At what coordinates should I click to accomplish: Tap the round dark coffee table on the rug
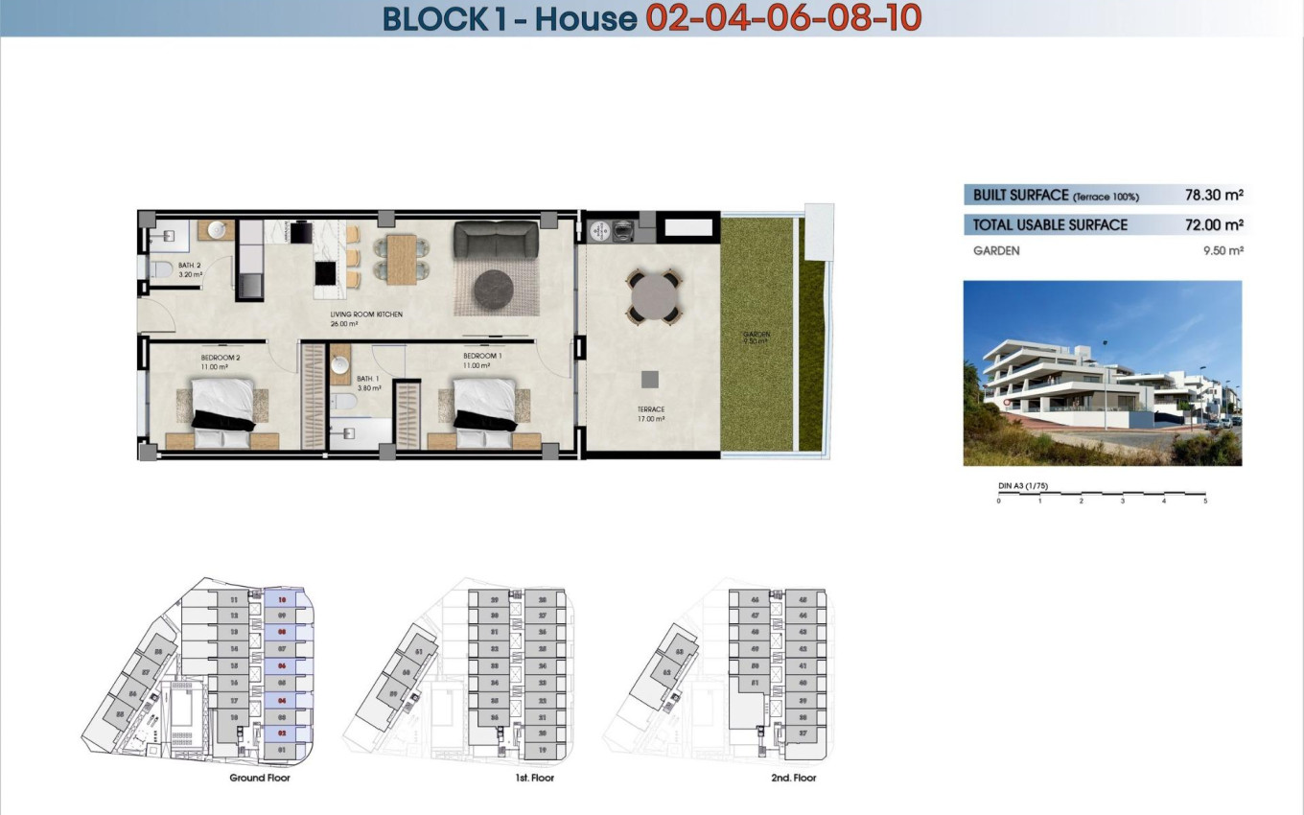point(496,289)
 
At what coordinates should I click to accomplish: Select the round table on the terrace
point(655,297)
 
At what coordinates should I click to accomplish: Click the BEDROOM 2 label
point(221,359)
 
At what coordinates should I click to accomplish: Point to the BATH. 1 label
point(369,380)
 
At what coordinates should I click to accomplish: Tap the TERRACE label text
point(651,409)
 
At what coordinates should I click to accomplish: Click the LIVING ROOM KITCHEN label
point(366,314)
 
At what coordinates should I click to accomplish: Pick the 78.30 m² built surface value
point(1214,195)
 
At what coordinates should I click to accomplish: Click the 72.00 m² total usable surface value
point(1214,225)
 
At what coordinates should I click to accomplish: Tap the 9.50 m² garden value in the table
point(1222,251)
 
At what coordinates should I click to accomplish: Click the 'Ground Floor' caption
point(260,778)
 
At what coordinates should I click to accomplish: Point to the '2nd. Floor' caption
point(794,778)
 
